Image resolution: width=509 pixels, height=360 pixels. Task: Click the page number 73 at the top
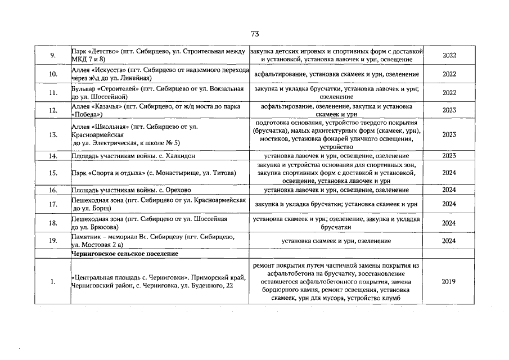tap(254, 34)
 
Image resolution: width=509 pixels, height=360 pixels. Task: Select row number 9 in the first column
tap(52, 56)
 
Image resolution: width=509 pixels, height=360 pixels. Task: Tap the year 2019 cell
tap(449, 282)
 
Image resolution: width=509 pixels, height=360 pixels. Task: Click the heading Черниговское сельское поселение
tap(125, 254)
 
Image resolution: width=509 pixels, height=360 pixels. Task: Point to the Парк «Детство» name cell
tap(159, 56)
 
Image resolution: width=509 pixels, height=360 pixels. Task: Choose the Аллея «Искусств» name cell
tap(160, 74)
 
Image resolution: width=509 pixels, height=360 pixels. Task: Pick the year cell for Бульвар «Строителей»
tap(449, 93)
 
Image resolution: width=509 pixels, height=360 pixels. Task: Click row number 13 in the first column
tap(52, 135)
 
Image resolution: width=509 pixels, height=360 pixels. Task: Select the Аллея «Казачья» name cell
tap(159, 110)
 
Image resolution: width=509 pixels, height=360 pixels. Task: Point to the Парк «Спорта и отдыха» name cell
tap(159, 173)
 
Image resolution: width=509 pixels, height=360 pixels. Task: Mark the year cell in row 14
tap(449, 156)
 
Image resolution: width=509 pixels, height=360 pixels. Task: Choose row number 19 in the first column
tap(52, 241)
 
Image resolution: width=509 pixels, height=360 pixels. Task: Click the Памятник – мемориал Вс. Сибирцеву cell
tap(159, 241)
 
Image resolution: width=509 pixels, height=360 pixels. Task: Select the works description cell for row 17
tap(336, 204)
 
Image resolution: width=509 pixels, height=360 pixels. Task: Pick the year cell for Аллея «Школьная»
tap(449, 135)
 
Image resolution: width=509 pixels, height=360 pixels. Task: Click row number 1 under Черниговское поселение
tap(52, 282)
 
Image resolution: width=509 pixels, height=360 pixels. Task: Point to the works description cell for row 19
tap(336, 241)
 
